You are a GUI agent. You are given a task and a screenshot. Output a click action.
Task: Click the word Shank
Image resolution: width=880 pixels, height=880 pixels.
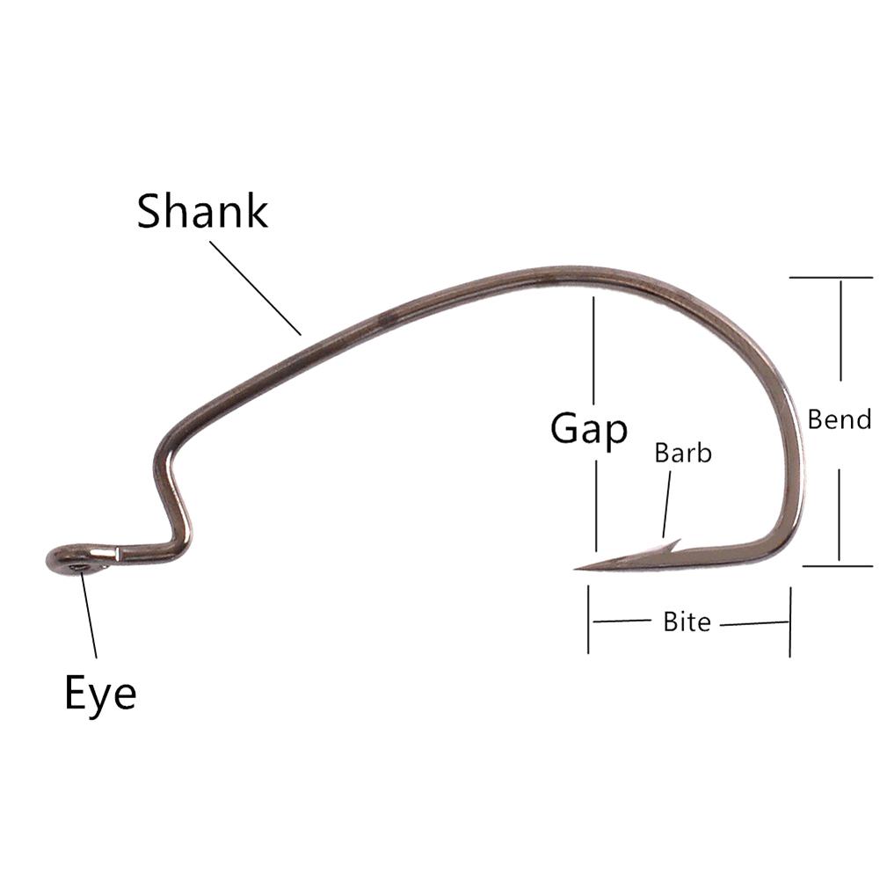(x=202, y=212)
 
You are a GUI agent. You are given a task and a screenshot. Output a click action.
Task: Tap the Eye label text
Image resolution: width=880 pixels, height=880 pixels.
(x=100, y=694)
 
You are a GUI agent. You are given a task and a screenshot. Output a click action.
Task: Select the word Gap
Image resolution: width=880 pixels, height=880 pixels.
(x=589, y=429)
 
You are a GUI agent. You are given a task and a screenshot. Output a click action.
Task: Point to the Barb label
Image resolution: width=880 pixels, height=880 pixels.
(x=683, y=454)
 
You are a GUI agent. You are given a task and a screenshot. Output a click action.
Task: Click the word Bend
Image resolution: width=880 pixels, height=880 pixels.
(x=840, y=419)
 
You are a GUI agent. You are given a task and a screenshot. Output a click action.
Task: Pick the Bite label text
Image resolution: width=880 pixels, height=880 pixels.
(x=687, y=622)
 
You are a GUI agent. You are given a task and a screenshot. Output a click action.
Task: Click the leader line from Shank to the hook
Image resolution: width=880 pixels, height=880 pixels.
(x=255, y=287)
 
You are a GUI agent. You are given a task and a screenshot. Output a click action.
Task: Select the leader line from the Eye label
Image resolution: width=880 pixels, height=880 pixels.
(x=89, y=615)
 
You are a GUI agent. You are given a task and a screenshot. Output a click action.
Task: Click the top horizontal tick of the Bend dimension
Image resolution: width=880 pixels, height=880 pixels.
(x=831, y=278)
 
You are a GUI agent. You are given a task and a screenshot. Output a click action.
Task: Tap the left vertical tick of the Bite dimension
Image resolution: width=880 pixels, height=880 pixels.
(x=588, y=621)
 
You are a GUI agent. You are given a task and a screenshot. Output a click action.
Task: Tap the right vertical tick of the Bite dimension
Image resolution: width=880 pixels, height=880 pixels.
(x=789, y=622)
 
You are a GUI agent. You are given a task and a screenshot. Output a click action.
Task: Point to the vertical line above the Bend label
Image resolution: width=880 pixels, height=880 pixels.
(x=841, y=330)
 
